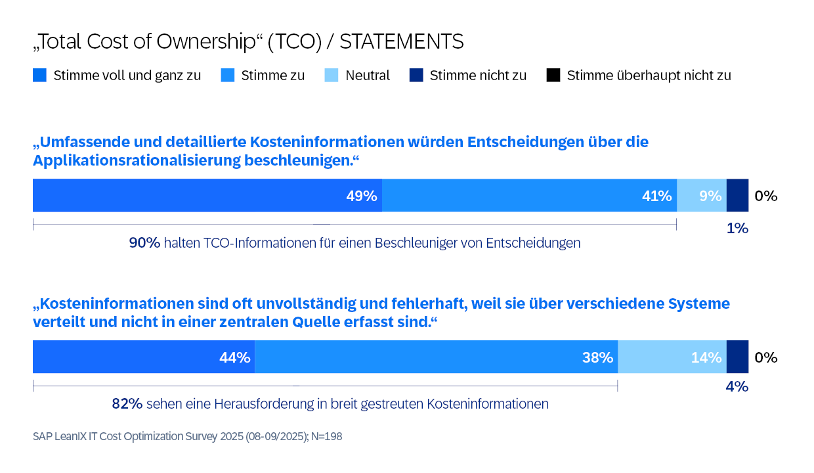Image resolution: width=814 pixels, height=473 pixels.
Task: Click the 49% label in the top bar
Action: click(x=362, y=196)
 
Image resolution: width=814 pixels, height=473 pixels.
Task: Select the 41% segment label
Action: click(x=656, y=196)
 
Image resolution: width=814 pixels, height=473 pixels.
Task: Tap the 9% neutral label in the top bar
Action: click(x=710, y=196)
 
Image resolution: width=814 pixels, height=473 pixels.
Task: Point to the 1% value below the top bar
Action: click(x=737, y=229)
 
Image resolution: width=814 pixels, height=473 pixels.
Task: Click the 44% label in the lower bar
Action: click(x=235, y=358)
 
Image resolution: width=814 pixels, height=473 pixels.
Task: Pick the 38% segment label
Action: click(x=597, y=358)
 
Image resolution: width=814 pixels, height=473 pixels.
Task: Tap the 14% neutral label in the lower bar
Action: click(x=706, y=358)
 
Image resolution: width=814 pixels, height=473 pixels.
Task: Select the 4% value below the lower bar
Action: click(x=737, y=387)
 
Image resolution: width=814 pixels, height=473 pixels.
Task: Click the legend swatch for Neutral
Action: click(x=332, y=76)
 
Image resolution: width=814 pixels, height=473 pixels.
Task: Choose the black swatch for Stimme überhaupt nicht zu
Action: click(x=553, y=76)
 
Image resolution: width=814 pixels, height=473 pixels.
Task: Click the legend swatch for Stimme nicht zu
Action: click(x=416, y=76)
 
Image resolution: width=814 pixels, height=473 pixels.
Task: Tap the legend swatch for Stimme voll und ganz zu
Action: click(x=39, y=76)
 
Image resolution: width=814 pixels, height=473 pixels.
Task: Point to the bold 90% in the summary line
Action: click(x=144, y=243)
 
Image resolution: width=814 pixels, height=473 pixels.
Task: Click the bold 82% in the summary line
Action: click(x=127, y=404)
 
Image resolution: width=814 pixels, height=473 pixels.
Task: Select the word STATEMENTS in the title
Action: click(x=401, y=42)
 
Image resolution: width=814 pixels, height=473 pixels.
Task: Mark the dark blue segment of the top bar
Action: click(x=737, y=196)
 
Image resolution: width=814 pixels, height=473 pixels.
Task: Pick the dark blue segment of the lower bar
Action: click(x=737, y=357)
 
